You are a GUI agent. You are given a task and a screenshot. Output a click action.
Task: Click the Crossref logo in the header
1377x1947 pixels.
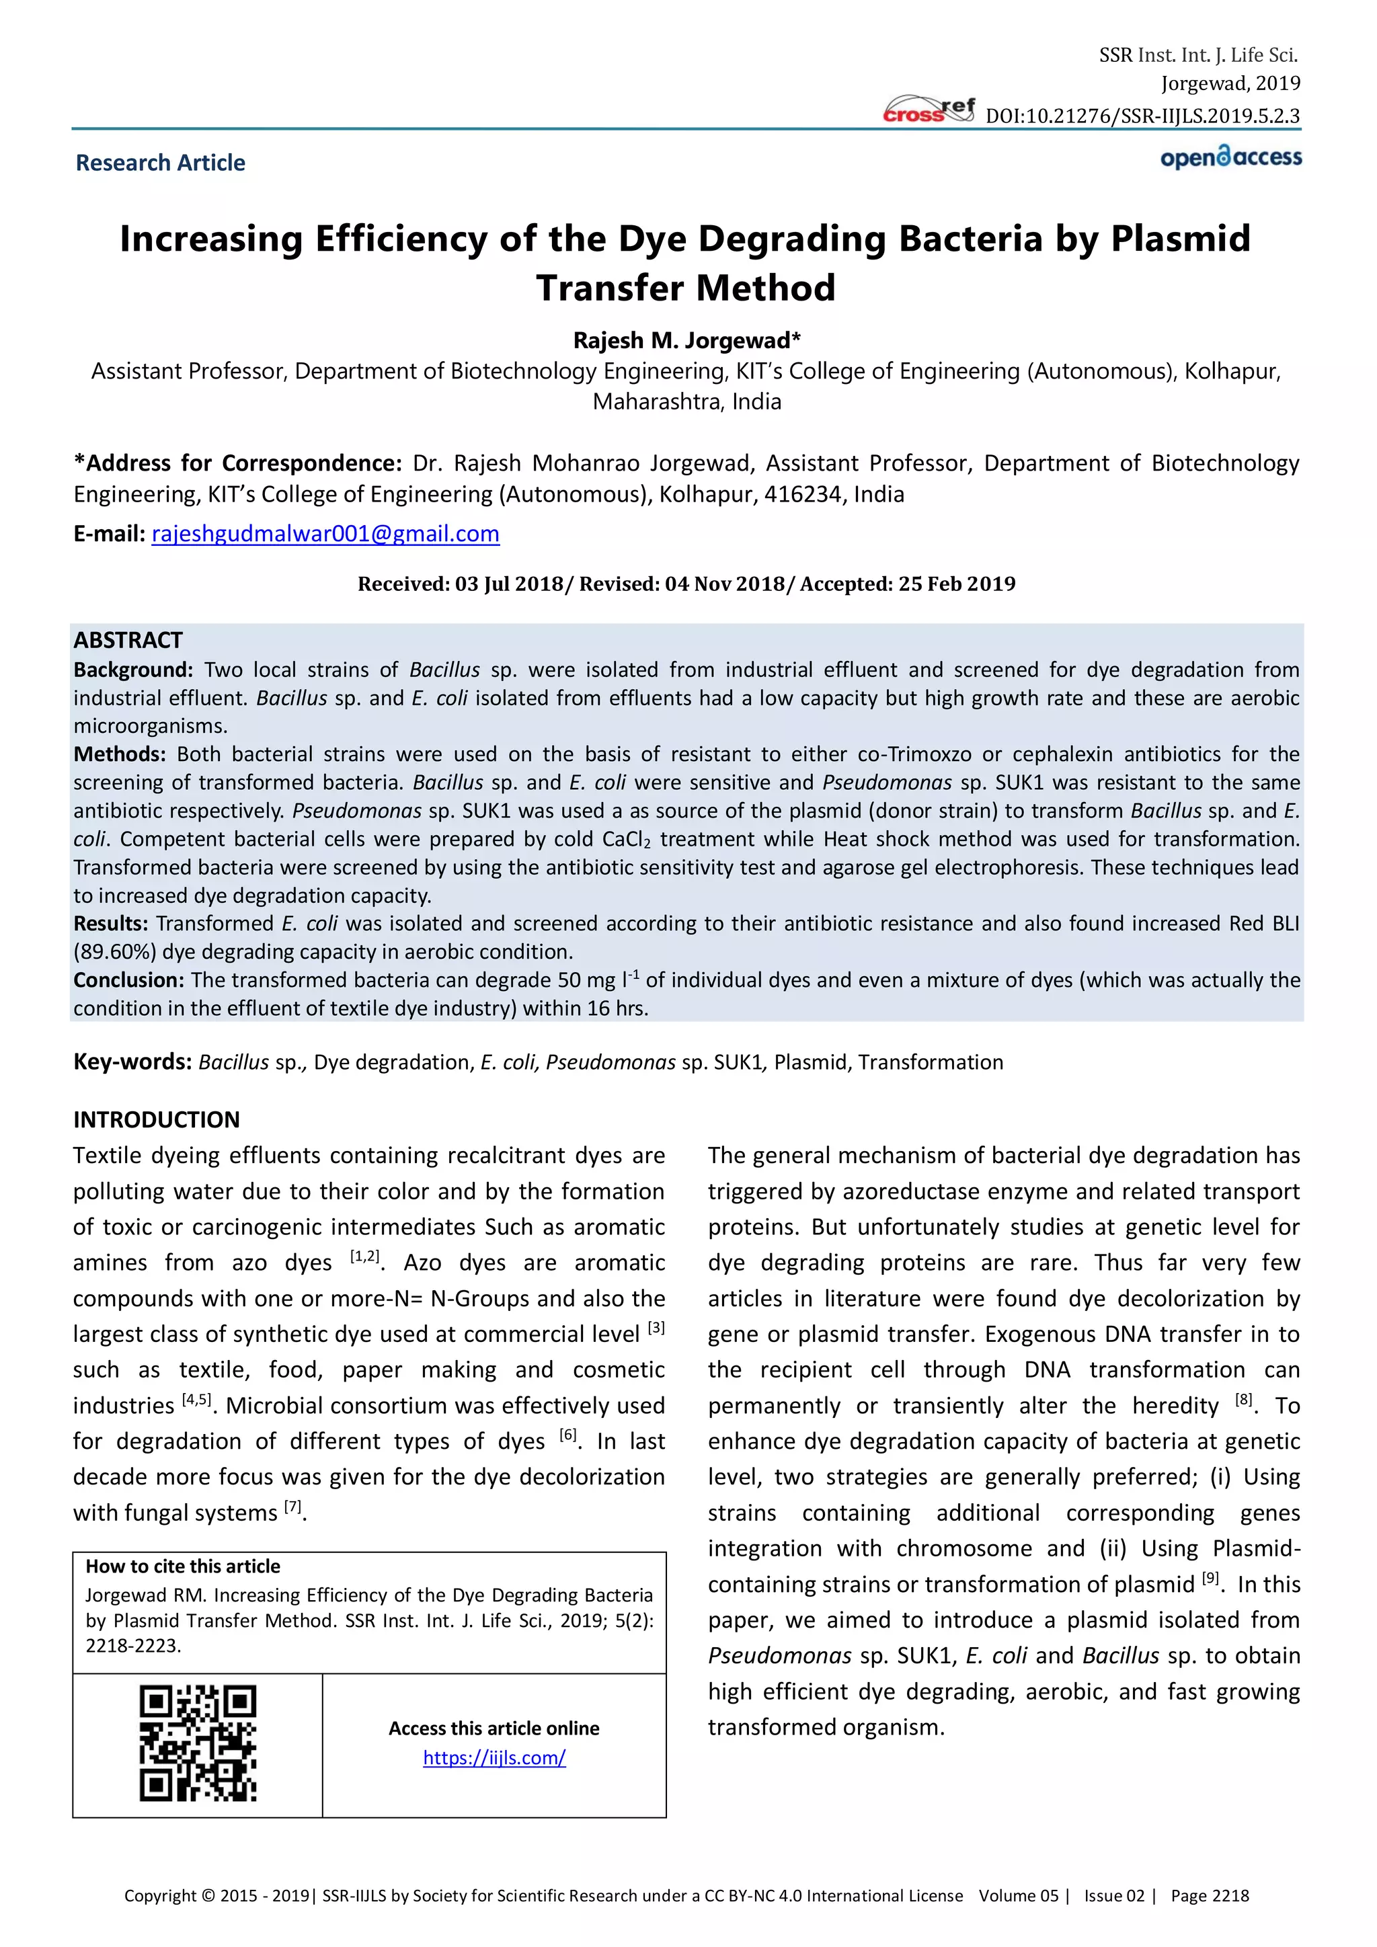(929, 110)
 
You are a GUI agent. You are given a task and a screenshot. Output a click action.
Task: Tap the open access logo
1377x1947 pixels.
(1230, 158)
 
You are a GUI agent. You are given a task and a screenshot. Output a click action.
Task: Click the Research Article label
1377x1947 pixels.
(160, 163)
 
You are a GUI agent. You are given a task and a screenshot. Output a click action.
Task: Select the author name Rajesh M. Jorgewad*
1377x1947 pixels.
(686, 340)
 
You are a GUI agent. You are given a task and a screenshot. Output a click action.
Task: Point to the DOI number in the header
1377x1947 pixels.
(1142, 116)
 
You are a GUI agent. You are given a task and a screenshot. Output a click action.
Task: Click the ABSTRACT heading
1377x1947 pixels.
(128, 640)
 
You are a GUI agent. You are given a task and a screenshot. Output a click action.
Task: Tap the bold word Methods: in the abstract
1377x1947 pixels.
(120, 754)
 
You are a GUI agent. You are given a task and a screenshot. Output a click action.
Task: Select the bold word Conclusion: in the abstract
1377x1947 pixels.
(128, 980)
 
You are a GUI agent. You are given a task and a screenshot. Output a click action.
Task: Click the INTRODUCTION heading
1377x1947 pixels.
(156, 1119)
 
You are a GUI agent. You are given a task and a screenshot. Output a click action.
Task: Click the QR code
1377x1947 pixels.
(198, 1745)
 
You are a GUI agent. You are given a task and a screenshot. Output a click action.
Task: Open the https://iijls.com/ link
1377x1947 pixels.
(494, 1758)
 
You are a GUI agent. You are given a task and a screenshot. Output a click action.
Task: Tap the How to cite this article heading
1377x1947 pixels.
(182, 1566)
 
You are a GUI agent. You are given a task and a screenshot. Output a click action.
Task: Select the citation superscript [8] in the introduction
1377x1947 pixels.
(1243, 1400)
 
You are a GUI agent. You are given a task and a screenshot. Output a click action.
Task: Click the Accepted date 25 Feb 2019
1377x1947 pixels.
(957, 584)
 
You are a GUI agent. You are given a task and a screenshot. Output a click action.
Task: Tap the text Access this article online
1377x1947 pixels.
(494, 1729)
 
